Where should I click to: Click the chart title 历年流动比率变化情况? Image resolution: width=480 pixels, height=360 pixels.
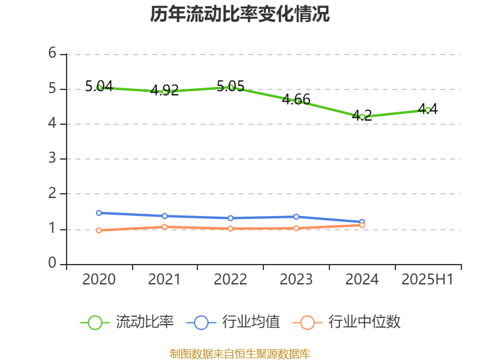[x=240, y=14]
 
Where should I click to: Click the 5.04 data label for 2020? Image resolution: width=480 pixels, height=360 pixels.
[x=99, y=86]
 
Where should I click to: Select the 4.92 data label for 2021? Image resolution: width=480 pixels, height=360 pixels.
[x=165, y=91]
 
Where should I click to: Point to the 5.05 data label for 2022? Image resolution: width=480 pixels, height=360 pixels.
[x=230, y=86]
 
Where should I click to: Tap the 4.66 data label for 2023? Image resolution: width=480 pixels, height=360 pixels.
[x=296, y=100]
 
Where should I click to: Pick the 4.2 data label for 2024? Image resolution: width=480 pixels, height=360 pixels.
[x=362, y=116]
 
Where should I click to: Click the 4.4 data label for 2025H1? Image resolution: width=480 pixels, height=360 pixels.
[x=428, y=109]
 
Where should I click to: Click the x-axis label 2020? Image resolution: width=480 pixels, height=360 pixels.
[x=99, y=280]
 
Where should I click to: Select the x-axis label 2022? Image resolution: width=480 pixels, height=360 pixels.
[x=230, y=280]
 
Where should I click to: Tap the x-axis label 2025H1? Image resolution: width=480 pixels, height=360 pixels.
[x=428, y=280]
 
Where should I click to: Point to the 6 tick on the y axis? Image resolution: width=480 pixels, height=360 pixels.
[x=53, y=54]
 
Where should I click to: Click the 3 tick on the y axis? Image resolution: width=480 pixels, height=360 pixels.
[x=53, y=159]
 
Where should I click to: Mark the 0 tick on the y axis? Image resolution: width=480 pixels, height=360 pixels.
[x=53, y=264]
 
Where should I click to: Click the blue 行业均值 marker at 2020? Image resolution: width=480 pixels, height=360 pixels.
[x=99, y=213]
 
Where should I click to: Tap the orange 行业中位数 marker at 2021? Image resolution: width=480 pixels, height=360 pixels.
[x=165, y=227]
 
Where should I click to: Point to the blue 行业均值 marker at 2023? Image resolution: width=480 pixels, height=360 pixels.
[x=296, y=217]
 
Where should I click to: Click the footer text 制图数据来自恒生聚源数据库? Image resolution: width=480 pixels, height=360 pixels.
[x=240, y=353]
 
